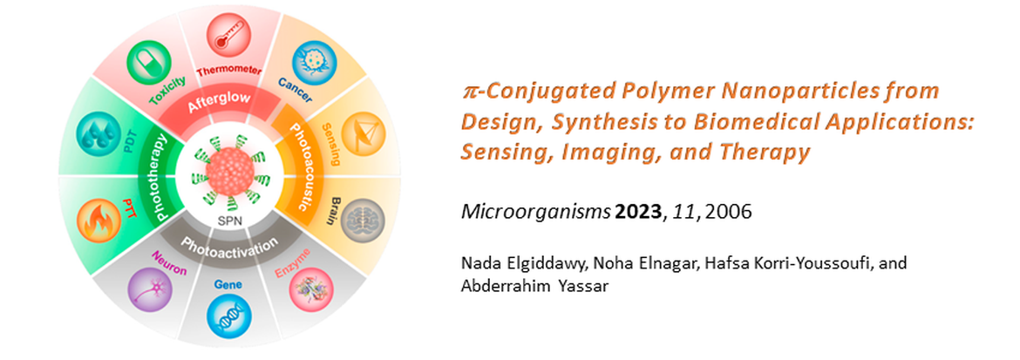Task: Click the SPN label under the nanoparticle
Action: pyautogui.click(x=228, y=221)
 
